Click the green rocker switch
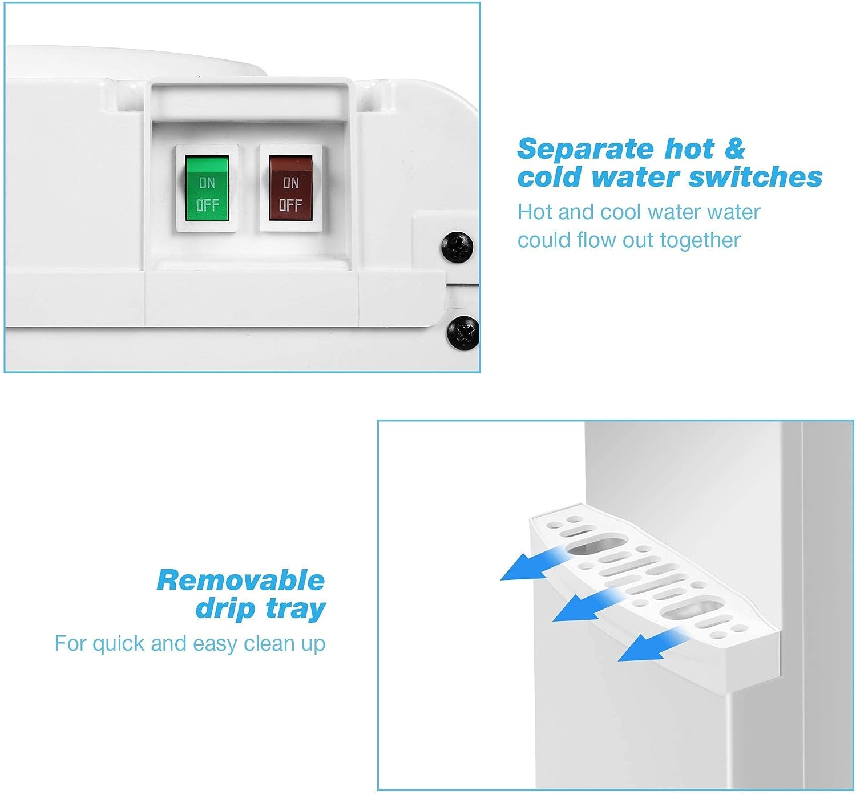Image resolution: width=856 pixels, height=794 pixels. [207, 188]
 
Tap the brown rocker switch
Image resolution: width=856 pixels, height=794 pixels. [291, 188]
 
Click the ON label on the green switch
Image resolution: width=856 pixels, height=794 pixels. [207, 183]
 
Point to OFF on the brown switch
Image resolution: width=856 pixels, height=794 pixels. [290, 205]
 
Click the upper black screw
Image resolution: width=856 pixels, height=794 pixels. [457, 247]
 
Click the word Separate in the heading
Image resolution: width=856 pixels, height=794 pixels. [586, 149]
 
